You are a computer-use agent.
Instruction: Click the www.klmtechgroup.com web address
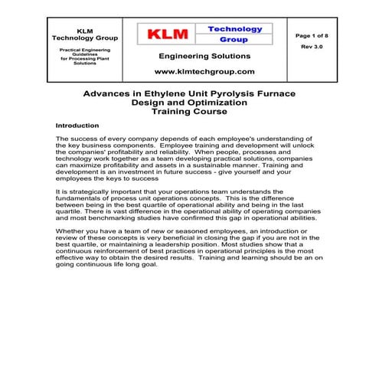204,70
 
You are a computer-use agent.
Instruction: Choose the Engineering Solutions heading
204,56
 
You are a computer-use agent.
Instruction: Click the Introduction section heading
77,124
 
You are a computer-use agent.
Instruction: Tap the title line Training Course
190,111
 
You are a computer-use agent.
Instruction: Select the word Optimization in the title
217,102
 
